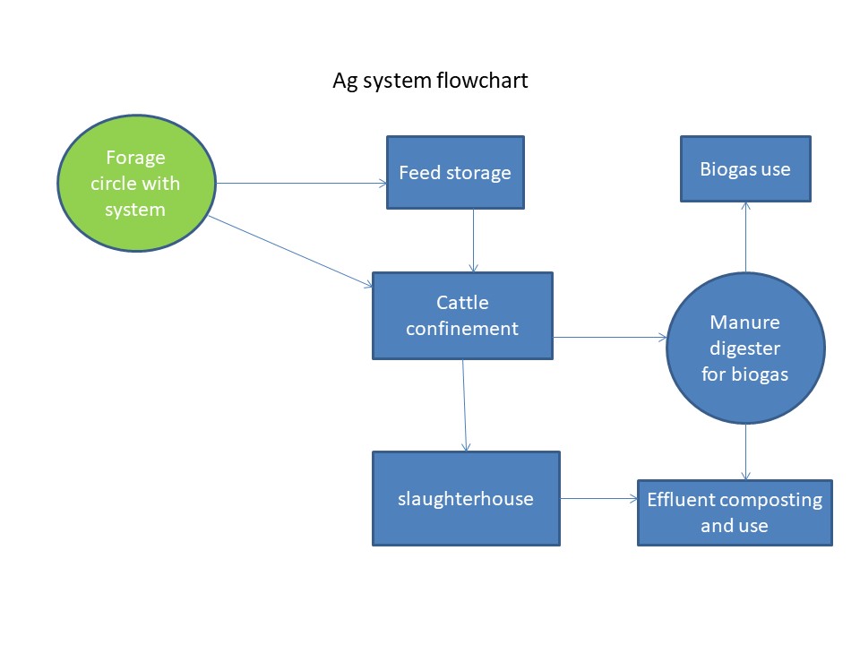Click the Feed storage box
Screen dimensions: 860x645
click(455, 172)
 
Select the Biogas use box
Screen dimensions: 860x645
click(745, 169)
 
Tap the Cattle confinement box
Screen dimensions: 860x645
click(462, 316)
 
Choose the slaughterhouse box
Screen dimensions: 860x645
click(466, 499)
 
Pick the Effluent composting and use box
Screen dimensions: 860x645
click(735, 512)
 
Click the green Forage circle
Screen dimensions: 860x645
click(136, 183)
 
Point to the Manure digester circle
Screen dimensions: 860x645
click(745, 348)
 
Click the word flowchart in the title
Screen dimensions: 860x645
click(482, 81)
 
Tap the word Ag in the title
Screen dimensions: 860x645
click(345, 82)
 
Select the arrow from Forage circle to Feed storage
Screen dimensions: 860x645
click(301, 183)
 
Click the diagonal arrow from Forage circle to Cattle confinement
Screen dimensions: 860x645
click(290, 251)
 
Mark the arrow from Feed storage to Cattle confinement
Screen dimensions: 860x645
click(473, 240)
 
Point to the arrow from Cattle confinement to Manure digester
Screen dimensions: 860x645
click(610, 338)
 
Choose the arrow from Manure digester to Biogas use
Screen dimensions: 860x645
click(745, 236)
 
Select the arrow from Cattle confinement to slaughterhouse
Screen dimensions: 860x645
click(465, 405)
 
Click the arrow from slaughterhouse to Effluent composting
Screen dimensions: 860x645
click(599, 499)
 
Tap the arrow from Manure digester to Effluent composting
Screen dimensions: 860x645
click(745, 451)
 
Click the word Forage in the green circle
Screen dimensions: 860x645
click(135, 158)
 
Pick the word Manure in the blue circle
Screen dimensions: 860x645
click(744, 322)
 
